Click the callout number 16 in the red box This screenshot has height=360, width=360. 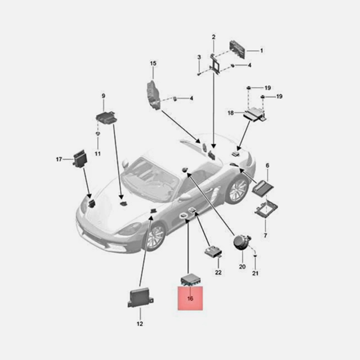(x=190, y=298)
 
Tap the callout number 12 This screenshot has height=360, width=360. (x=140, y=324)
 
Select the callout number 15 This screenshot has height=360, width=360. (x=153, y=63)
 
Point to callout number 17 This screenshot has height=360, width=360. (x=59, y=159)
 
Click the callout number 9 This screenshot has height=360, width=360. (x=103, y=96)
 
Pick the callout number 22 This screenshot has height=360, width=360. (x=218, y=272)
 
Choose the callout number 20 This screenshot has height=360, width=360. (x=242, y=266)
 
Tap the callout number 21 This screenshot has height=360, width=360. (x=255, y=273)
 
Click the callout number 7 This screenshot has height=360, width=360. (x=265, y=235)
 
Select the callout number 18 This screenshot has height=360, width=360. (x=230, y=113)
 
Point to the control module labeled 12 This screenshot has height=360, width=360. (x=140, y=297)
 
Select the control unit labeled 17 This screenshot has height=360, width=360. (x=81, y=158)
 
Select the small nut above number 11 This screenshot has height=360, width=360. (x=98, y=134)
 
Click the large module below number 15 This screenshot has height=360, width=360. (x=153, y=95)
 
